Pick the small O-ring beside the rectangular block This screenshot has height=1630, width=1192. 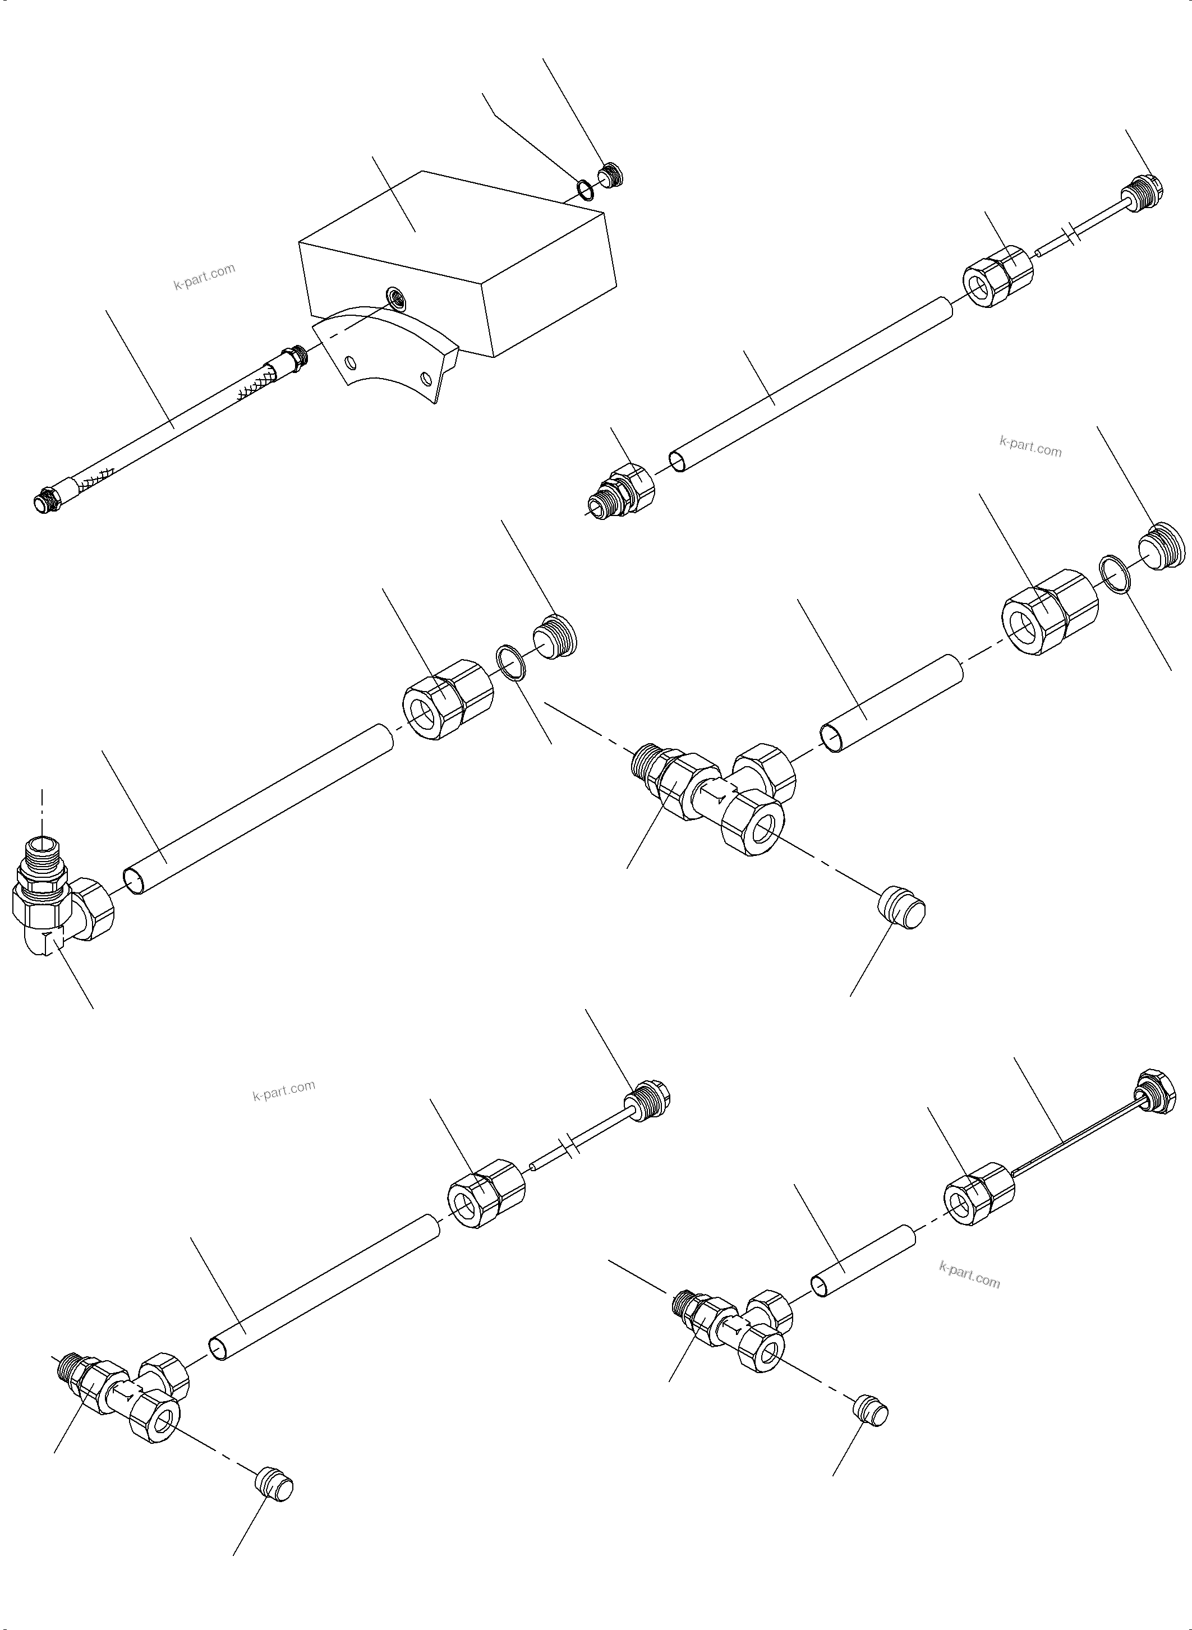point(585,188)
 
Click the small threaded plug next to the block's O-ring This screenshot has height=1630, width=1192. point(610,176)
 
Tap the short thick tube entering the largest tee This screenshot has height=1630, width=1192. point(892,703)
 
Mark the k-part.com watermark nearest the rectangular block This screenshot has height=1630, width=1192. point(204,275)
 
